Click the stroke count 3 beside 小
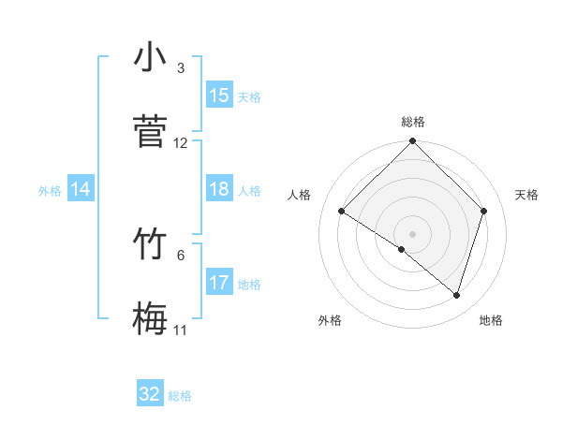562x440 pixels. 181,68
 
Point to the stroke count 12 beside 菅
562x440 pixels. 181,143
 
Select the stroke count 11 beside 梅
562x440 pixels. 181,330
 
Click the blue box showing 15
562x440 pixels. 219,95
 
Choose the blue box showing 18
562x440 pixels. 219,189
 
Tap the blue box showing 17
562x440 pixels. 219,282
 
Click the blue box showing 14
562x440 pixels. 81,189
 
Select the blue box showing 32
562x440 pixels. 150,394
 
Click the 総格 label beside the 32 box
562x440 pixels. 180,396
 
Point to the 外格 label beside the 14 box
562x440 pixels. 50,191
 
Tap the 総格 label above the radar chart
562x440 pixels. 413,122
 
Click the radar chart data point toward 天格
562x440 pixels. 484,211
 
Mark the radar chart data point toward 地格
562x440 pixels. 457,295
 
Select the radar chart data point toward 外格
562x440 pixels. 402,249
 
